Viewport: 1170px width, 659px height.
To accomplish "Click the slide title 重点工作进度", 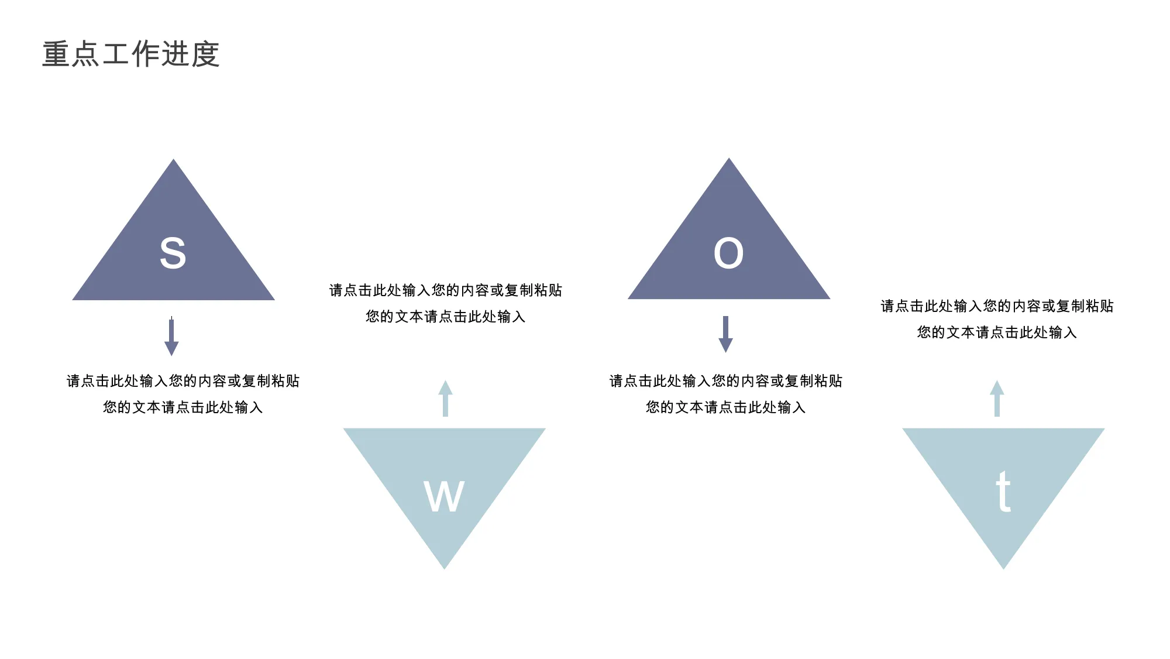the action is tap(131, 54).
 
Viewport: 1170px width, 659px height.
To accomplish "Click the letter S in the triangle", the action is tap(173, 253).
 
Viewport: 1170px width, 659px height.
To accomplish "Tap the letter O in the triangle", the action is tap(729, 253).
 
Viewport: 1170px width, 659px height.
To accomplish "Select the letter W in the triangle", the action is tap(444, 496).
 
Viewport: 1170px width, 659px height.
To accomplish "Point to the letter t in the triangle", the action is tap(1003, 492).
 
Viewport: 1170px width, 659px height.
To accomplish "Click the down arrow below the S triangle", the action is tap(171, 337).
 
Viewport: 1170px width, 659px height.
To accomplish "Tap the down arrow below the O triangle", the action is tap(725, 334).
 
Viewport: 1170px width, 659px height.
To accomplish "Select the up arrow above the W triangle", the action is tap(445, 399).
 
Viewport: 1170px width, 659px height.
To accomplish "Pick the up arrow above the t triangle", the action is tap(997, 399).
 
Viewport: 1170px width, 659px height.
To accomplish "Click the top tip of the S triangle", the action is tap(173, 159).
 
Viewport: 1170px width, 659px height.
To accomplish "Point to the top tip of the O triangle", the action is tap(729, 158).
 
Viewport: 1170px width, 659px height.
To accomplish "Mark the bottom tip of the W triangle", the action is tap(445, 569).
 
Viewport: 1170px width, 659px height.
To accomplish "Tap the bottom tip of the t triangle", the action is tap(1003, 569).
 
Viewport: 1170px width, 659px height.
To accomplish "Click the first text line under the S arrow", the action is tap(183, 381).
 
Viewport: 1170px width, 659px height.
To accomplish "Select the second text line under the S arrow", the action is tap(183, 407).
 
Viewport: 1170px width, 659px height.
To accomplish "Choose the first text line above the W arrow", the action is tap(446, 290).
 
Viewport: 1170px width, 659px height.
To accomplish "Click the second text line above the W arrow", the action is tap(446, 317).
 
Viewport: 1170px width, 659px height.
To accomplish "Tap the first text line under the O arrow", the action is tap(726, 381).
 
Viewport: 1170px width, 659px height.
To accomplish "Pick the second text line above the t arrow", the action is tap(997, 332).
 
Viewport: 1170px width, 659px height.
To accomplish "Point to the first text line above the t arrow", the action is tap(997, 306).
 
